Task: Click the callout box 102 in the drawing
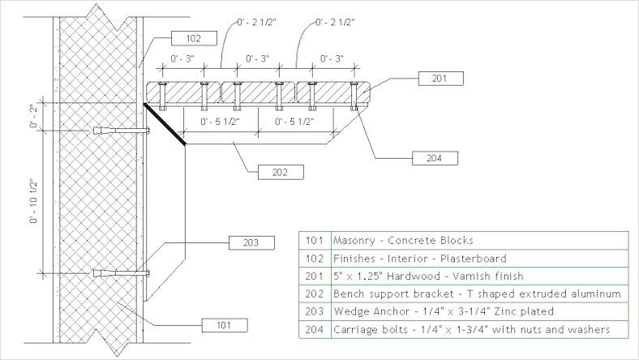[x=194, y=37]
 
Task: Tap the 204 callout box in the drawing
[x=433, y=157]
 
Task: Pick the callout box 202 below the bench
[x=280, y=172]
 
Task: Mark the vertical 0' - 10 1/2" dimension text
[x=33, y=199]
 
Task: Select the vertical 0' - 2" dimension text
[x=33, y=116]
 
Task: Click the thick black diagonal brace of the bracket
[x=165, y=124]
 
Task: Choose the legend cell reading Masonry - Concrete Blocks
[x=403, y=241]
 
